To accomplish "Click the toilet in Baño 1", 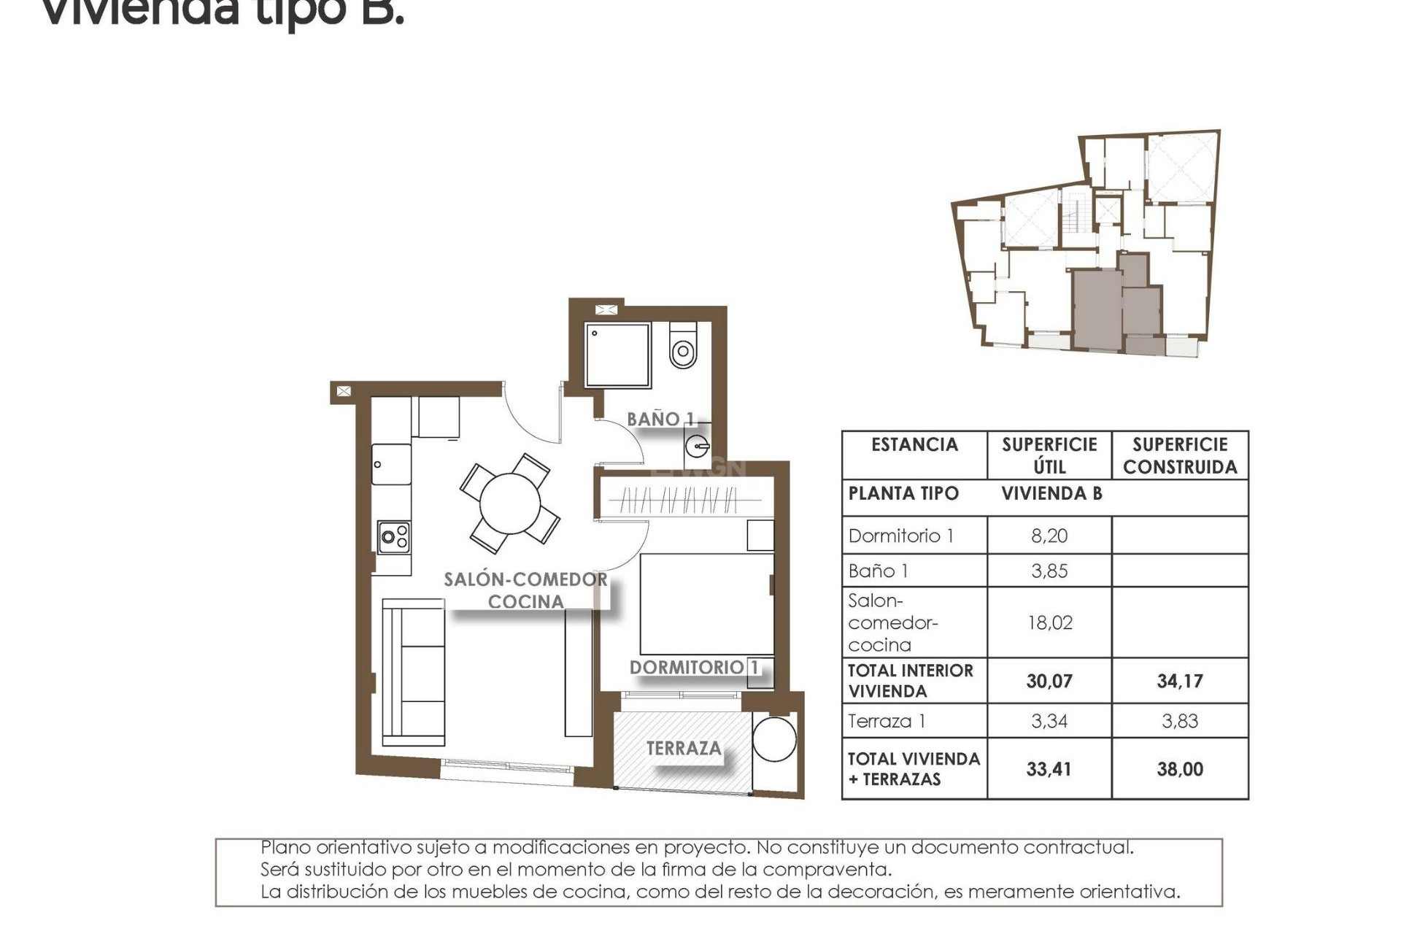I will pos(683,346).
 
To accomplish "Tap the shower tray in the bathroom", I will pos(617,355).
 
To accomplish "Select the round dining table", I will pos(510,503).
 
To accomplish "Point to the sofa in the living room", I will pos(414,672).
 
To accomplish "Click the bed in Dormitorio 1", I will pos(706,604).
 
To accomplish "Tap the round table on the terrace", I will pos(774,739).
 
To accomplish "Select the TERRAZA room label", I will pos(684,749).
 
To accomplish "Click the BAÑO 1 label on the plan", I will pos(661,420).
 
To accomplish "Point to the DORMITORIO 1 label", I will pos(694,668).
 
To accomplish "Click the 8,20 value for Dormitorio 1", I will pos(1049,536).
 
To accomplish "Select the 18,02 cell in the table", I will pos(1049,623).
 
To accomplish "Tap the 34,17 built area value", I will pos(1180,682).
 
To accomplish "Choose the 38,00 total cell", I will pos(1180,769).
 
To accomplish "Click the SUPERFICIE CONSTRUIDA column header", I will pos(1180,456).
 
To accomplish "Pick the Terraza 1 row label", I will pos(887,722).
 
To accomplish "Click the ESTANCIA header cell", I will pos(914,445).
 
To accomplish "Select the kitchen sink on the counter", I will pos(391,464).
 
